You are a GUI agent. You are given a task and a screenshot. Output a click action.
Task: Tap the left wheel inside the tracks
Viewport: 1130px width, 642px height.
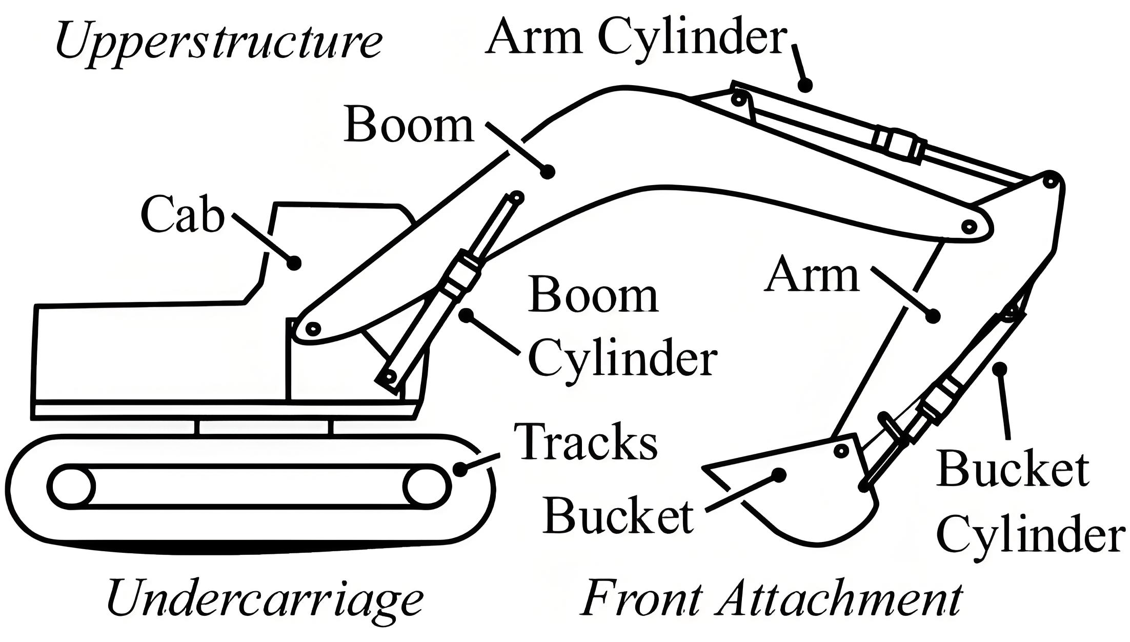pos(71,487)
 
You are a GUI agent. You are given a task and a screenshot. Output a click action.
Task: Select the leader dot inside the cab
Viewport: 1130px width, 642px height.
pos(294,263)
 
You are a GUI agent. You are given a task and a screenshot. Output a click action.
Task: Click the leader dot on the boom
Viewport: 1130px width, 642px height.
pos(548,171)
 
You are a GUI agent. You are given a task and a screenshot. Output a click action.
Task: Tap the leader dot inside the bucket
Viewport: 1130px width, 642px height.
pos(779,475)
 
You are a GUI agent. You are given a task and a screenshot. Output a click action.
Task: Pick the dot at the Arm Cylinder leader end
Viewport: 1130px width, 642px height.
pos(805,85)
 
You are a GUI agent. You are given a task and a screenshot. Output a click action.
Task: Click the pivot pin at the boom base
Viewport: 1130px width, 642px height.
pos(313,328)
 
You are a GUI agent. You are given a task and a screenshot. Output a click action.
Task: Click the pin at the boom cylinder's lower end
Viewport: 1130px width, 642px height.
pos(390,378)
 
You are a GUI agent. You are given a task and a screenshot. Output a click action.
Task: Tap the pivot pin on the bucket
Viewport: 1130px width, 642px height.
pos(841,451)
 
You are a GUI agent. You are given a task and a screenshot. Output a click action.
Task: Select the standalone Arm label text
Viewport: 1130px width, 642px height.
pos(812,276)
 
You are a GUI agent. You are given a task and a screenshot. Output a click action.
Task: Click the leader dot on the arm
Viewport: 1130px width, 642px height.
pos(933,316)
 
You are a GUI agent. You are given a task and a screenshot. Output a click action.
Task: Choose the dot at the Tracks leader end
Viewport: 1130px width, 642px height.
pos(460,469)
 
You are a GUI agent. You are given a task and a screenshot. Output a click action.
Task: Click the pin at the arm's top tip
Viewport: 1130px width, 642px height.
pos(1050,181)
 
